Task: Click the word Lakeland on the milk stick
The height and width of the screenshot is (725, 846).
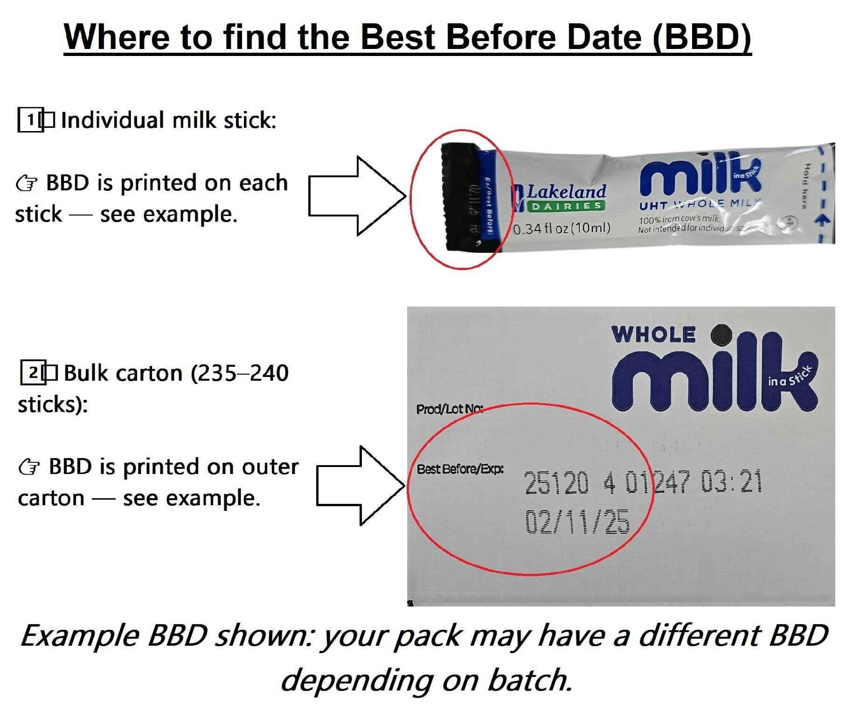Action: tap(566, 191)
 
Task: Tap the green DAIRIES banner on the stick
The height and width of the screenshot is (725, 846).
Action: tap(566, 206)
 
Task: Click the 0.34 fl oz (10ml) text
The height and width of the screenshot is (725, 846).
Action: tap(562, 228)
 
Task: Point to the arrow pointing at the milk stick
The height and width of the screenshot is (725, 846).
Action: tap(357, 196)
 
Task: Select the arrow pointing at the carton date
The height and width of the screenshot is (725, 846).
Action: tap(361, 485)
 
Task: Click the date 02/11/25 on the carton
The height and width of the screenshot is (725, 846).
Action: tap(577, 521)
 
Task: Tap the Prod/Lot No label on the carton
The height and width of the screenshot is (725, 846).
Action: tap(449, 409)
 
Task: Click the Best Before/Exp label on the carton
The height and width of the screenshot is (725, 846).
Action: tap(460, 469)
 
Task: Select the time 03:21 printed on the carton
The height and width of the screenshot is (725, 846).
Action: tap(731, 482)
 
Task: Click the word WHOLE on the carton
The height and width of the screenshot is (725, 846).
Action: tap(653, 335)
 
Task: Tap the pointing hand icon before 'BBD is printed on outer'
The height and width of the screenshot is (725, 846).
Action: tap(28, 467)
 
